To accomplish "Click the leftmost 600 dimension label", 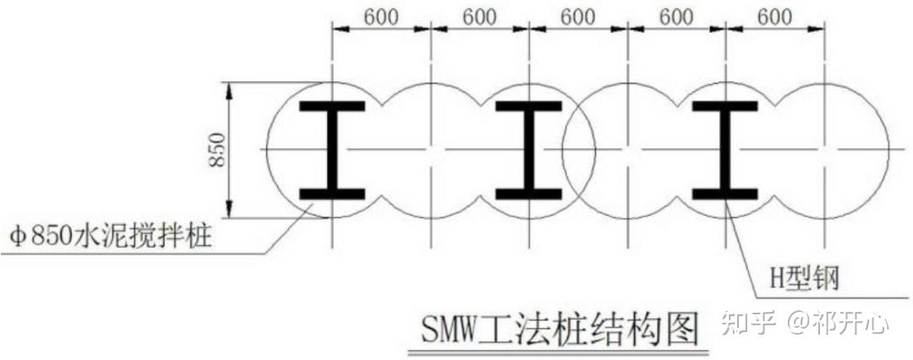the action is click(x=381, y=16).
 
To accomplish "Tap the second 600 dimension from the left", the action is click(x=479, y=16).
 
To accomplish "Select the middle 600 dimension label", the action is click(x=578, y=16).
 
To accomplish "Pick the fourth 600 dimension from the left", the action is click(x=676, y=16).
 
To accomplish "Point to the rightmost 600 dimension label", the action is click(x=774, y=16).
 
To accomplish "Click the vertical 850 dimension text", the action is click(x=218, y=150).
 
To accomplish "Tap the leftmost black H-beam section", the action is click(x=332, y=150).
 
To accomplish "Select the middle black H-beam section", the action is click(x=528, y=150).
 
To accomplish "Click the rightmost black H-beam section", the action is click(x=725, y=150).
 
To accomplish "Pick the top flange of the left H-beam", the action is click(x=332, y=107).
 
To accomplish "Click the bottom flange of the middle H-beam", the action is click(x=528, y=194).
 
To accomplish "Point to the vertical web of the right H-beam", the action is click(x=725, y=150).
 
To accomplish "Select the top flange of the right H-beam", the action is click(x=725, y=107).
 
